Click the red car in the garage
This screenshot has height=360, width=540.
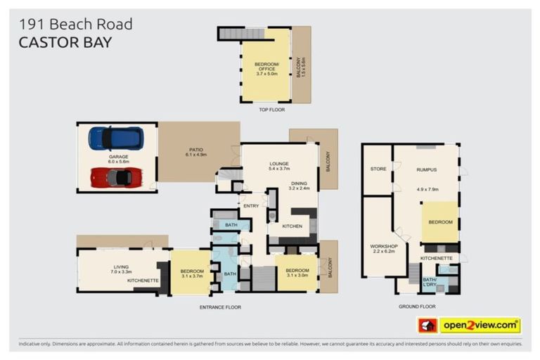[116, 176]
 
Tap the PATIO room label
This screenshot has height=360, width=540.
[195, 148]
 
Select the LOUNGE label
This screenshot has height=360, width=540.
[279, 166]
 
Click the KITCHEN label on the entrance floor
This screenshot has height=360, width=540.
[292, 226]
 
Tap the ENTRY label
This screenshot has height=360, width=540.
[250, 205]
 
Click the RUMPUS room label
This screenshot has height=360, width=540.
[427, 169]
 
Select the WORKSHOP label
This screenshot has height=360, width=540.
[384, 245]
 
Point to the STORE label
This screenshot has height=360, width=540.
[378, 169]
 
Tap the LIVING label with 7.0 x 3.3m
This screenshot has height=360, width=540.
[121, 266]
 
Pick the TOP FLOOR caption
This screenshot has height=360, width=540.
[271, 109]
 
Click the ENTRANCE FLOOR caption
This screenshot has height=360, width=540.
[219, 307]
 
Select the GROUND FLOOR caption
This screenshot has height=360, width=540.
[418, 307]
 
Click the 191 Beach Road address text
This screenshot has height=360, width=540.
[75, 24]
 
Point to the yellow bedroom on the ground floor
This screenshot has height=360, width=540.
[441, 222]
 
